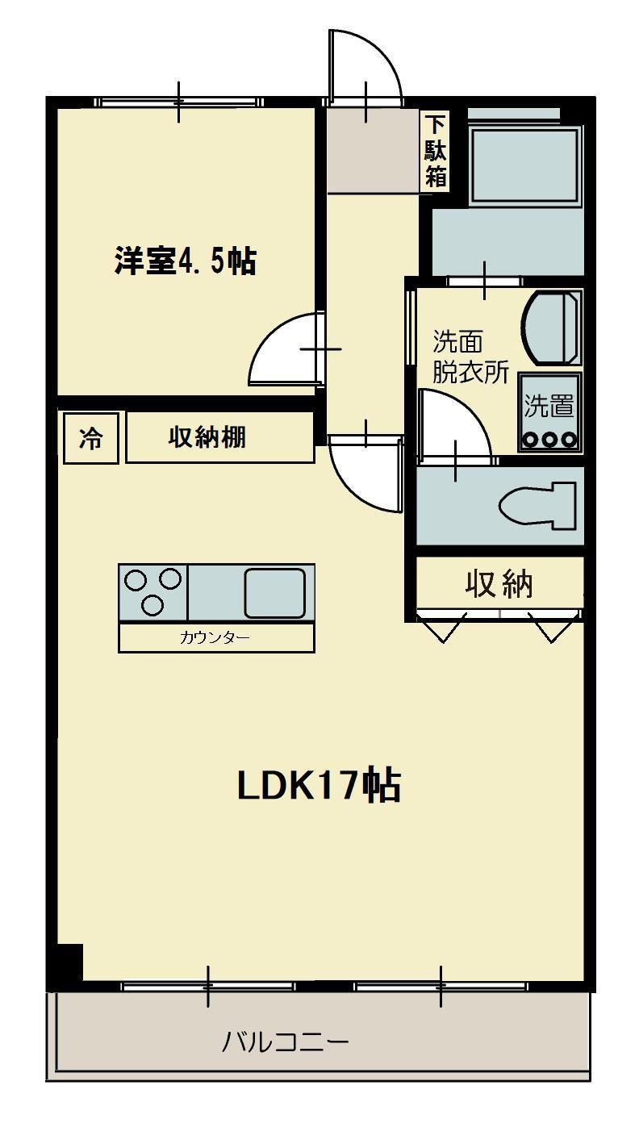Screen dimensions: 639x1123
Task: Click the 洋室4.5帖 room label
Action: point(186,261)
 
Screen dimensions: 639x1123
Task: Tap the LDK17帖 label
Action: point(319,786)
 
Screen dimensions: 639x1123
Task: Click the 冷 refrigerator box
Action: point(91,438)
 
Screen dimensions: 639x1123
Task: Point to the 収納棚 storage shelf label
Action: point(207,437)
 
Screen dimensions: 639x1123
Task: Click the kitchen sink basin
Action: point(275,593)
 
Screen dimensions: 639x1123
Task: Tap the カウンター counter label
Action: point(215,637)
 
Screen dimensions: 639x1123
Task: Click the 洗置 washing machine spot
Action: point(550,412)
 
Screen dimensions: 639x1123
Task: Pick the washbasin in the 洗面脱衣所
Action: point(552,328)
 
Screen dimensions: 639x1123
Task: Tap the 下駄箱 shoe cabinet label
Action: point(436,151)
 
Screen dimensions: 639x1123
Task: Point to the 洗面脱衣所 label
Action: point(470,357)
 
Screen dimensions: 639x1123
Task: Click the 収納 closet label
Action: point(499,584)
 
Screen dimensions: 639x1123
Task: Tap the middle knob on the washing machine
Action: point(549,440)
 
